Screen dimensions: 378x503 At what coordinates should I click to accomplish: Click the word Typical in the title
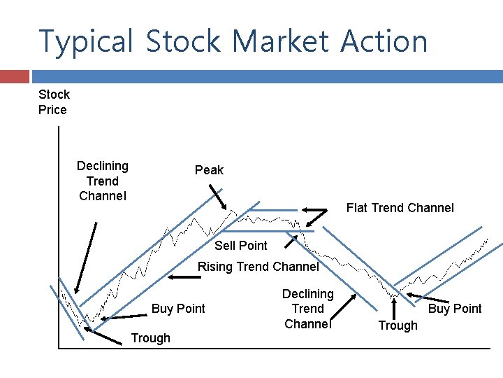pyautogui.click(x=86, y=41)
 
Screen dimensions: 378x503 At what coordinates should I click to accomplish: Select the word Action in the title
pyautogui.click(x=384, y=41)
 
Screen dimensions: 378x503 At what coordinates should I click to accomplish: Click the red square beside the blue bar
pyautogui.click(x=15, y=76)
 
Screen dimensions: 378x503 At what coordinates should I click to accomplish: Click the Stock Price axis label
pyautogui.click(x=53, y=102)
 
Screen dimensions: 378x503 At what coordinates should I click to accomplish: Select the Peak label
pyautogui.click(x=209, y=170)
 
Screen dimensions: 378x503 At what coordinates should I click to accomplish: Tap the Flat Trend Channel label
pyautogui.click(x=400, y=208)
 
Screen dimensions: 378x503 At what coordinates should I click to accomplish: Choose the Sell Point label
pyautogui.click(x=240, y=246)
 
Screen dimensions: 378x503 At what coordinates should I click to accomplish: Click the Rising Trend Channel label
pyautogui.click(x=258, y=267)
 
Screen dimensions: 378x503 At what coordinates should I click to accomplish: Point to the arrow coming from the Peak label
pyautogui.click(x=225, y=199)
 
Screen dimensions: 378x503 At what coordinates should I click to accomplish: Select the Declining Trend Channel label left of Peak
pyautogui.click(x=103, y=181)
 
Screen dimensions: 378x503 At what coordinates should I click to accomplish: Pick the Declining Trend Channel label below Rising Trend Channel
pyautogui.click(x=307, y=309)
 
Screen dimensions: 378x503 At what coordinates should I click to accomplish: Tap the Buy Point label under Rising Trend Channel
pyautogui.click(x=178, y=309)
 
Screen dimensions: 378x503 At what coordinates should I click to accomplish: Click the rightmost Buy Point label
pyautogui.click(x=455, y=309)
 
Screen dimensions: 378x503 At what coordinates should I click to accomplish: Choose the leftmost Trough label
pyautogui.click(x=150, y=338)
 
